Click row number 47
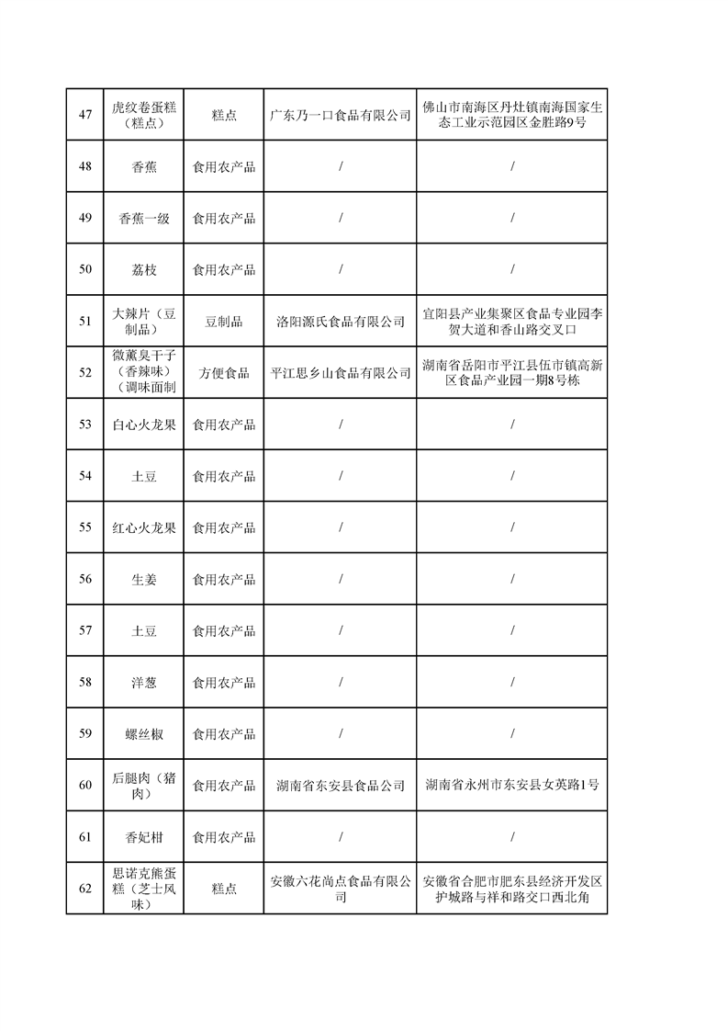point(85,115)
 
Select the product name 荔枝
point(144,270)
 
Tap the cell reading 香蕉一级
point(144,219)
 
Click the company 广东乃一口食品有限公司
point(340,115)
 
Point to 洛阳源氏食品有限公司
point(340,322)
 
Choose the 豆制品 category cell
point(224,322)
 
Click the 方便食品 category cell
point(224,373)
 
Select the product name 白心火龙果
point(144,425)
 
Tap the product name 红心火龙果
point(144,528)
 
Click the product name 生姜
point(144,580)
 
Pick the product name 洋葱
point(144,683)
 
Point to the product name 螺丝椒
point(144,734)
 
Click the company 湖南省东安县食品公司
point(340,786)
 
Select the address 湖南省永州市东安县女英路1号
point(511,786)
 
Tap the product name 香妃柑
point(144,837)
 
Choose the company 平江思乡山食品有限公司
point(340,373)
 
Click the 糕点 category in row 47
point(224,115)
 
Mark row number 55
point(85,528)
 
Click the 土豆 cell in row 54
point(144,476)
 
